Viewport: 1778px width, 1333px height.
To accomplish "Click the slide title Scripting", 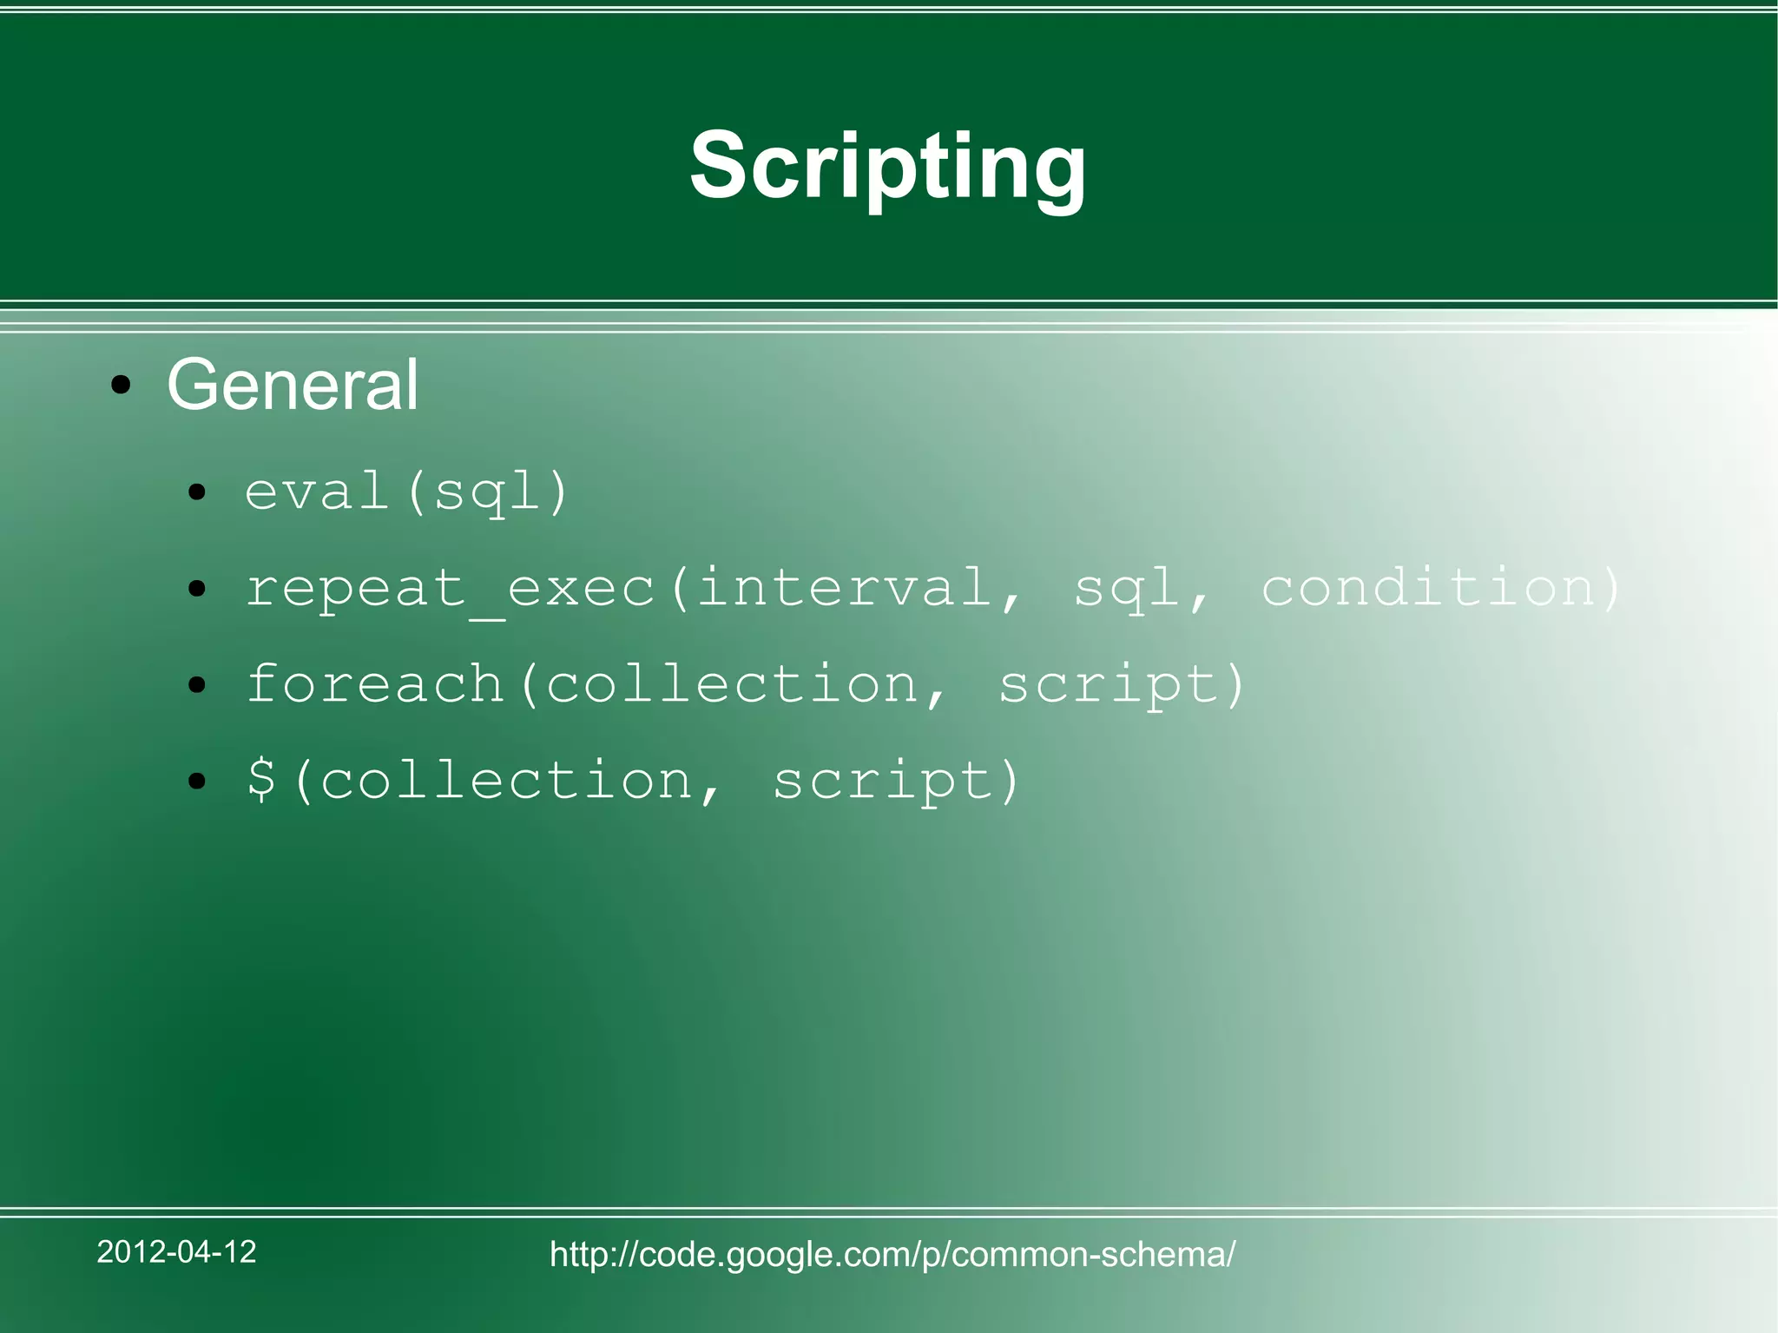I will tap(887, 166).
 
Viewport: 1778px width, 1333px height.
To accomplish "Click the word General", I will tap(293, 385).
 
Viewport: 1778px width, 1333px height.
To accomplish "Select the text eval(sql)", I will tap(406, 492).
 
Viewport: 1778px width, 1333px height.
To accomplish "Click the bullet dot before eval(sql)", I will tap(198, 493).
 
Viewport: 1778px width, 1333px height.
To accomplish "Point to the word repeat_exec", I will tap(450, 588).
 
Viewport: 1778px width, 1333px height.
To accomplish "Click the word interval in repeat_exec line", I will tap(844, 587).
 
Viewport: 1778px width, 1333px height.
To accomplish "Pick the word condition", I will tap(1428, 587).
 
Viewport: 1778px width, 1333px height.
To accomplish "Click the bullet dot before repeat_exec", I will tap(198, 590).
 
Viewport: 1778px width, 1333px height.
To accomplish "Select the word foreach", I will tap(375, 683).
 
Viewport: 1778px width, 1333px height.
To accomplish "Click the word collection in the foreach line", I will tap(732, 683).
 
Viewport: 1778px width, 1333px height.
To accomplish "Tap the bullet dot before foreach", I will tap(198, 685).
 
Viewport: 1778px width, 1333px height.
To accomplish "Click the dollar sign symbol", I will tap(261, 779).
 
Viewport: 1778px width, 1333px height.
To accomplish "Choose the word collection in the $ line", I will tap(506, 780).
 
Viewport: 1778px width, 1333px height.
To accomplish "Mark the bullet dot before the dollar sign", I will tap(198, 781).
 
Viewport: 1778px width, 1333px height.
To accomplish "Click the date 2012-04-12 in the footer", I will tap(176, 1251).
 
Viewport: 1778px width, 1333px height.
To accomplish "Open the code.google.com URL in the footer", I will tap(892, 1255).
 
